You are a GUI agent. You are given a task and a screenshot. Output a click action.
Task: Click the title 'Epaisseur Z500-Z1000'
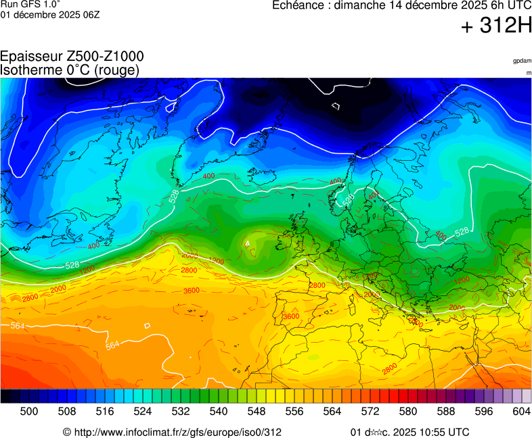(x=72, y=57)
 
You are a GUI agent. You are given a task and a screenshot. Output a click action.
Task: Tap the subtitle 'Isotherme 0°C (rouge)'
(x=70, y=70)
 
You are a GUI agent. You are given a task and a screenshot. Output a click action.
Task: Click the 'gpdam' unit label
(x=522, y=61)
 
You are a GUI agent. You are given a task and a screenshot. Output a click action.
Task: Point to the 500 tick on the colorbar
(x=29, y=411)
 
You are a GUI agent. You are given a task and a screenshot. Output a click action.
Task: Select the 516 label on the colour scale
(x=105, y=411)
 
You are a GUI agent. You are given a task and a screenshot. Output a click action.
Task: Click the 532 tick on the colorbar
(x=181, y=411)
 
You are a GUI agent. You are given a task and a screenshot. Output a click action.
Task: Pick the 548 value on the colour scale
(x=257, y=411)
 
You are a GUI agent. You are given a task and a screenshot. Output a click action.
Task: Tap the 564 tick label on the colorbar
(x=332, y=411)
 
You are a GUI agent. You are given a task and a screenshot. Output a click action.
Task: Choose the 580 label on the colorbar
(x=408, y=411)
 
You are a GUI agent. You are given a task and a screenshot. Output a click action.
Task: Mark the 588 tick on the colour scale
(x=446, y=411)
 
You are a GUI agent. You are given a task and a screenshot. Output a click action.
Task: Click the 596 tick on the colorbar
(x=484, y=411)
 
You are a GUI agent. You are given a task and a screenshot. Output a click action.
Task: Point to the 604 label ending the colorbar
(x=521, y=411)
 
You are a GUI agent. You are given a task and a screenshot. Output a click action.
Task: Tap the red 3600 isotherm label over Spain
(x=291, y=316)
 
